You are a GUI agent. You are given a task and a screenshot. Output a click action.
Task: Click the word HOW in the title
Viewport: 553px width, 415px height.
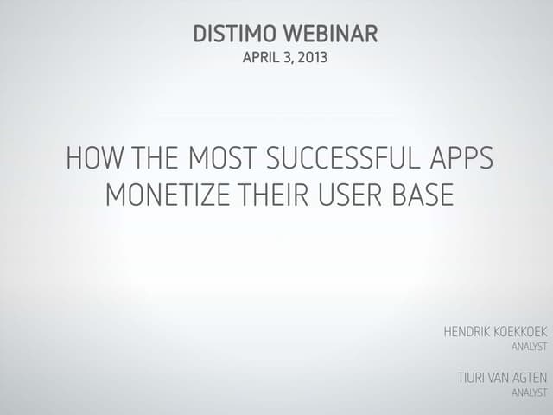click(93, 160)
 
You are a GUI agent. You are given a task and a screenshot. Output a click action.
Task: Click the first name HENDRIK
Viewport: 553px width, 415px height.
click(467, 332)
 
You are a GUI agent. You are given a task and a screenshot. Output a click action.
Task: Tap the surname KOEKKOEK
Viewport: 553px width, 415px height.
click(521, 332)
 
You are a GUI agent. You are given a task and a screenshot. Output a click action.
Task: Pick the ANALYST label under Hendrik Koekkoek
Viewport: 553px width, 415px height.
click(531, 347)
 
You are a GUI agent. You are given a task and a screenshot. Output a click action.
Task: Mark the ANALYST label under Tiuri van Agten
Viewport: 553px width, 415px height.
click(531, 393)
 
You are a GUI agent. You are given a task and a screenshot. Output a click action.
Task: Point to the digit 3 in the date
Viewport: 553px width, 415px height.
click(290, 59)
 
